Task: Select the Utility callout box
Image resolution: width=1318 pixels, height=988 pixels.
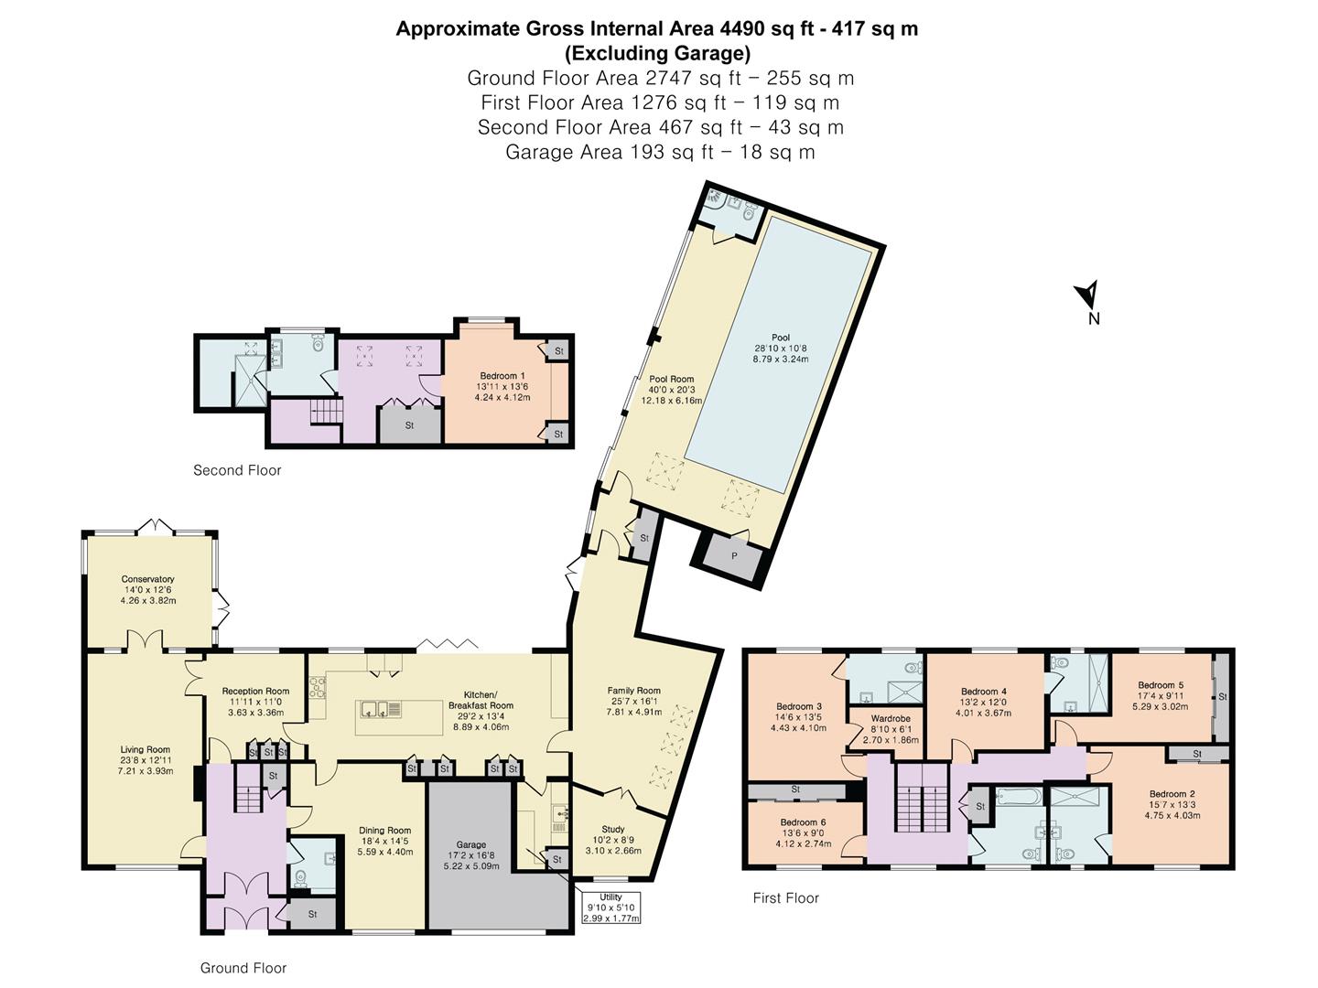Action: (x=610, y=907)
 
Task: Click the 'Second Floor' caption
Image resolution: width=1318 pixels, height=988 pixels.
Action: (x=237, y=470)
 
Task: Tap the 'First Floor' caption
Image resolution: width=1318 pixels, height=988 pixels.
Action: (x=786, y=898)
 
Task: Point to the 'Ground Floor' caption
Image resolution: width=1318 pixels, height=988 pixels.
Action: (x=243, y=968)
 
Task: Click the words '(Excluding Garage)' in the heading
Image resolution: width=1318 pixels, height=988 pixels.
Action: (x=657, y=54)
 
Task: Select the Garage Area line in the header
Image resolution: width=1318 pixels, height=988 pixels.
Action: (x=660, y=153)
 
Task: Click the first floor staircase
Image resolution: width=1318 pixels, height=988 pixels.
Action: (x=922, y=798)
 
